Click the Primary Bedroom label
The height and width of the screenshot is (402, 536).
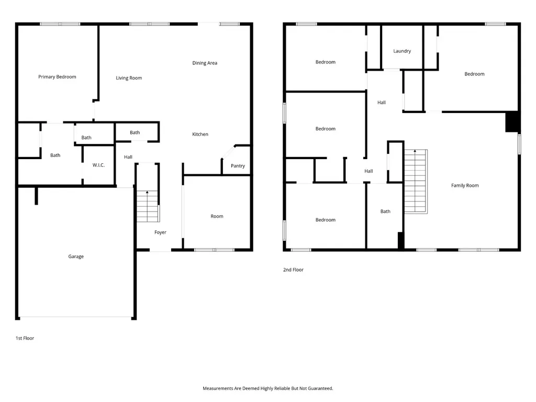point(57,77)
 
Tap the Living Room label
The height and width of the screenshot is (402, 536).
point(129,78)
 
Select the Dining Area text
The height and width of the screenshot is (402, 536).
point(205,63)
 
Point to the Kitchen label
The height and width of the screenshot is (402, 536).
point(200,135)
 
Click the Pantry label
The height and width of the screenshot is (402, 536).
point(238,166)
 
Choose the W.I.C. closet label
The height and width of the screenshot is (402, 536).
point(98,165)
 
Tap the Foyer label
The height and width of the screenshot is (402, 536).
point(160,232)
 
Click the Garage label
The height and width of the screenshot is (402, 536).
point(76,256)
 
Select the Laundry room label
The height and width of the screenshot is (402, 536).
point(402,51)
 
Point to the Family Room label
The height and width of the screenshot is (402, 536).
point(465,186)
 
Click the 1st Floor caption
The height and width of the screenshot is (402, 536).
point(25,338)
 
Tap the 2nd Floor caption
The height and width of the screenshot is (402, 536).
point(293,270)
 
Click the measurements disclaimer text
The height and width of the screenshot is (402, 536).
point(268,388)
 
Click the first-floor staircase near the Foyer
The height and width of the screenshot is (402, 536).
point(148,206)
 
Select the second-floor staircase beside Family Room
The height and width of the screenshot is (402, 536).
point(416,182)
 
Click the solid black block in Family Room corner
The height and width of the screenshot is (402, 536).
point(512,122)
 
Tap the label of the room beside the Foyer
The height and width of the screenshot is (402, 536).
point(217,216)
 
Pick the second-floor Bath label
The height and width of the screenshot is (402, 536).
point(385,211)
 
